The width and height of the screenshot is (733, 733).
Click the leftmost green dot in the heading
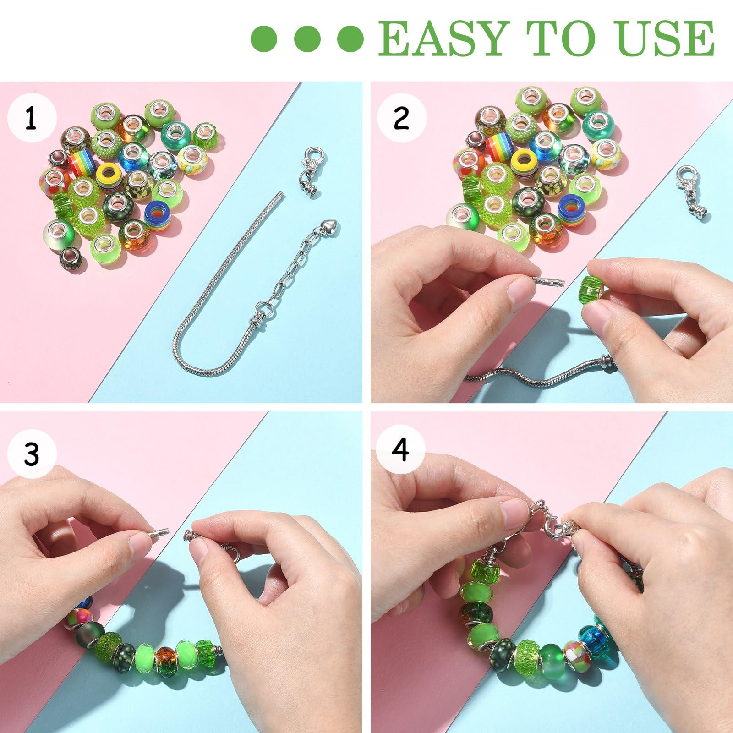(264, 38)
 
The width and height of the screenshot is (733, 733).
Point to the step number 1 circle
(32, 119)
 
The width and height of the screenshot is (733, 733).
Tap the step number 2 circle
(402, 119)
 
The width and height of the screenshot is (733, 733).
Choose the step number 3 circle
(32, 454)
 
